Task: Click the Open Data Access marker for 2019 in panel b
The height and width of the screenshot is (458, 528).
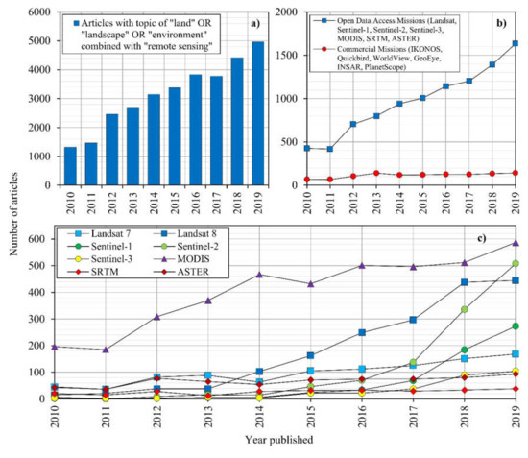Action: pyautogui.click(x=515, y=43)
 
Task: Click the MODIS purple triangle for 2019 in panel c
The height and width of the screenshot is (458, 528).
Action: pyautogui.click(x=515, y=242)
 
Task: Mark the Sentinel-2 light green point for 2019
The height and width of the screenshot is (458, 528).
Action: pyautogui.click(x=515, y=263)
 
